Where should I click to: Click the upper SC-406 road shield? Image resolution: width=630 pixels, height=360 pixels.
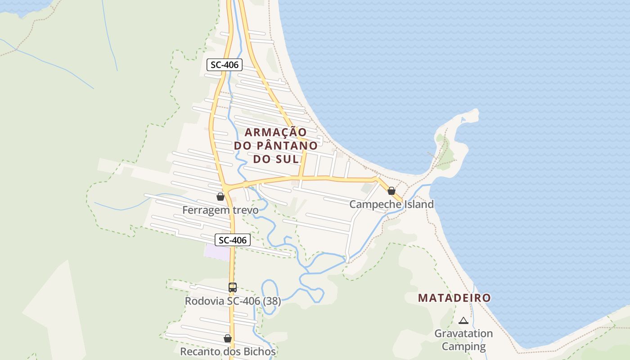pyautogui.click(x=225, y=65)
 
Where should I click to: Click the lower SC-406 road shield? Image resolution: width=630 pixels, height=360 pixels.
pyautogui.click(x=232, y=240)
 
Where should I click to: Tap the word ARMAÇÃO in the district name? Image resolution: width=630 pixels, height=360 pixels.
pyautogui.click(x=276, y=132)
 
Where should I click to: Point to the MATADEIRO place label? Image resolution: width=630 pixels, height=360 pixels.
pyautogui.click(x=454, y=298)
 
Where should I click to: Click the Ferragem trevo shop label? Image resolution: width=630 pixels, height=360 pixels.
pyautogui.click(x=220, y=210)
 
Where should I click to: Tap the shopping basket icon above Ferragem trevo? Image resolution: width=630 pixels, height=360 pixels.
pyautogui.click(x=220, y=197)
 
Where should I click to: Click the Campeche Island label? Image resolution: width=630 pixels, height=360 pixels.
pyautogui.click(x=391, y=204)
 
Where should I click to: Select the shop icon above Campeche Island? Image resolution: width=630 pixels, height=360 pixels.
pyautogui.click(x=391, y=191)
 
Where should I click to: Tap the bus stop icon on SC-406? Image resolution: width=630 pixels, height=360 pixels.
pyautogui.click(x=232, y=287)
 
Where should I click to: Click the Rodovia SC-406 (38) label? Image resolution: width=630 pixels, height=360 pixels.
pyautogui.click(x=233, y=301)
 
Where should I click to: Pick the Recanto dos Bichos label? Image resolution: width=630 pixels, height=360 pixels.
pyautogui.click(x=228, y=351)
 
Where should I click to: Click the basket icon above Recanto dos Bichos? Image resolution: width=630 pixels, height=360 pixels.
pyautogui.click(x=228, y=338)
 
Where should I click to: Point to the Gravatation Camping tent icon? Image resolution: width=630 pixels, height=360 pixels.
pyautogui.click(x=463, y=321)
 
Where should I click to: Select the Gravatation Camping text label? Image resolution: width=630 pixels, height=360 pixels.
pyautogui.click(x=463, y=340)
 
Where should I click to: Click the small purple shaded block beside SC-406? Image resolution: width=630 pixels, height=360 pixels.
pyautogui.click(x=217, y=252)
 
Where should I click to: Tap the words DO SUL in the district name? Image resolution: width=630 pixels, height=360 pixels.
pyautogui.click(x=276, y=159)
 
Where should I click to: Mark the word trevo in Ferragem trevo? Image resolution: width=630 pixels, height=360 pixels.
pyautogui.click(x=246, y=210)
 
